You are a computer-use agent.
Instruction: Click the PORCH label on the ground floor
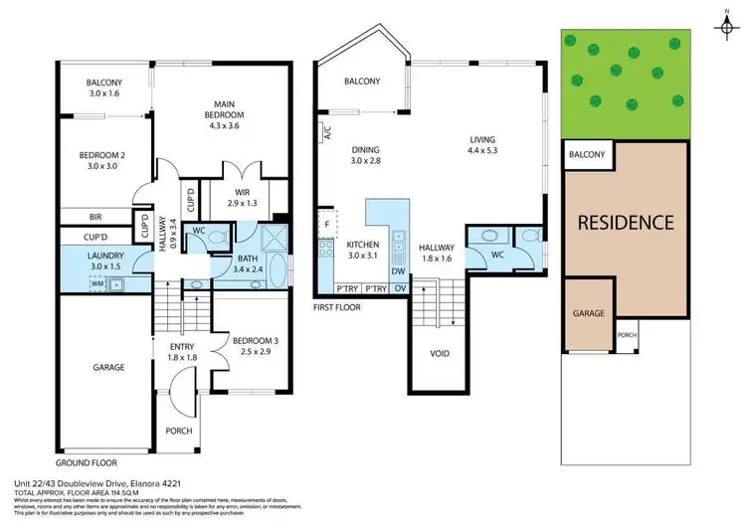click(179, 431)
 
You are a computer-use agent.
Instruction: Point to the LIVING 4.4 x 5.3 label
click(483, 144)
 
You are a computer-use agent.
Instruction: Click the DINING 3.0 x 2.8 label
click(367, 157)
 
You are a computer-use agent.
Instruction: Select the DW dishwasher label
click(397, 270)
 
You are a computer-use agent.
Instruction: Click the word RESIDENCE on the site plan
click(626, 222)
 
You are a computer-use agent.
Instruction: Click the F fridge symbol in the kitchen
click(326, 225)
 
